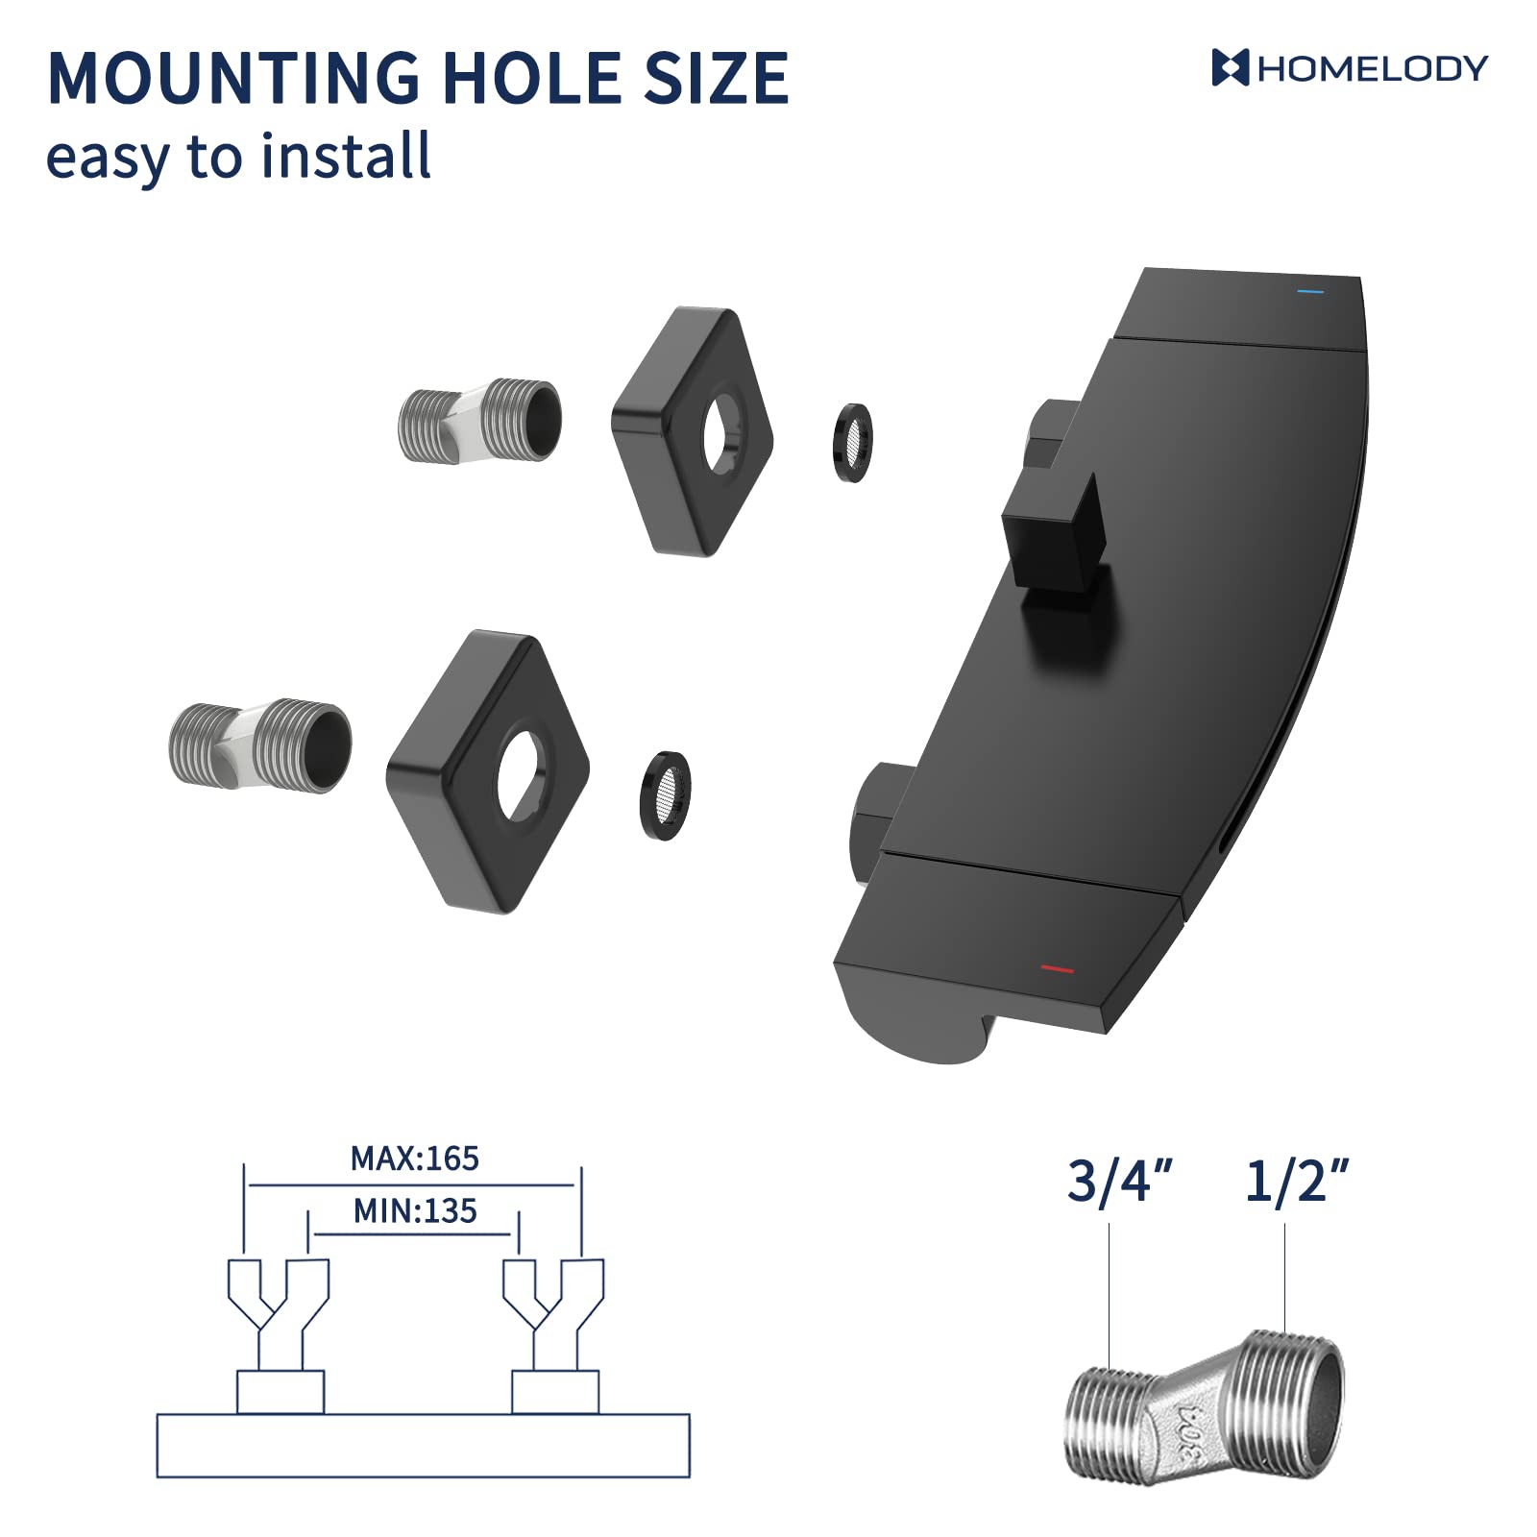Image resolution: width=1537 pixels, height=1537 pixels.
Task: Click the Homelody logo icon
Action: (1230, 68)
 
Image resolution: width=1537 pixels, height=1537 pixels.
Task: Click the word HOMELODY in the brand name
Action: (1373, 69)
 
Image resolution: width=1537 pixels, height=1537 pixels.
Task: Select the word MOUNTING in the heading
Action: (232, 79)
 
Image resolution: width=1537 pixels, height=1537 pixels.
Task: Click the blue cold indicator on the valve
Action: (1309, 292)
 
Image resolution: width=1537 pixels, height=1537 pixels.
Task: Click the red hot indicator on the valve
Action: (1057, 969)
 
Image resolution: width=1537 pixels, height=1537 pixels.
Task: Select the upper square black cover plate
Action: (692, 431)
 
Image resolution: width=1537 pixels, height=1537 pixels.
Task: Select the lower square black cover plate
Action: (487, 771)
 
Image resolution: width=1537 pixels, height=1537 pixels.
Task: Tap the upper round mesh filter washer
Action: (852, 443)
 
